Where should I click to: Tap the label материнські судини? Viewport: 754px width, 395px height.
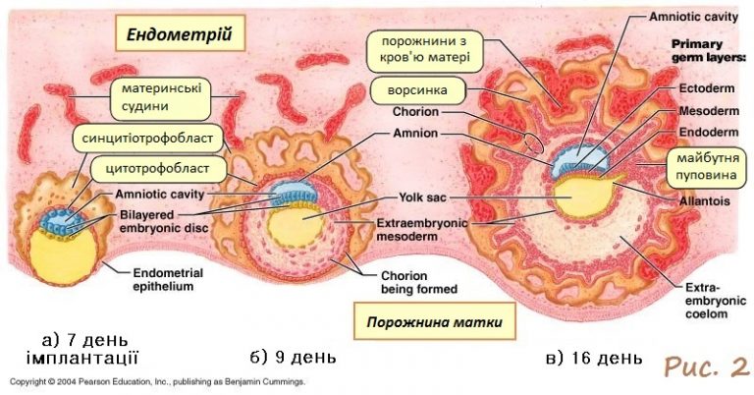tap(157, 96)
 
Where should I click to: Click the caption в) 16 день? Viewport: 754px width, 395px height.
tap(594, 356)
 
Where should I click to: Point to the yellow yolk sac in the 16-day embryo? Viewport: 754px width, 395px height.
tap(579, 197)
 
